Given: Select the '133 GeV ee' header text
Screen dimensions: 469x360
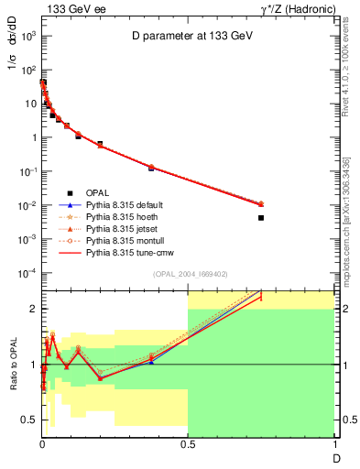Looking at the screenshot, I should coord(70,7).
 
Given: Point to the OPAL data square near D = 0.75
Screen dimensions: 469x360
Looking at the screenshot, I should coord(261,218).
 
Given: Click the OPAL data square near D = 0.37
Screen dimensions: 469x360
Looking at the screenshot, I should coord(151,169).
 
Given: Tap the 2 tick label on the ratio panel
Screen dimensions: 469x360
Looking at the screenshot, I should coord(33,309).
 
